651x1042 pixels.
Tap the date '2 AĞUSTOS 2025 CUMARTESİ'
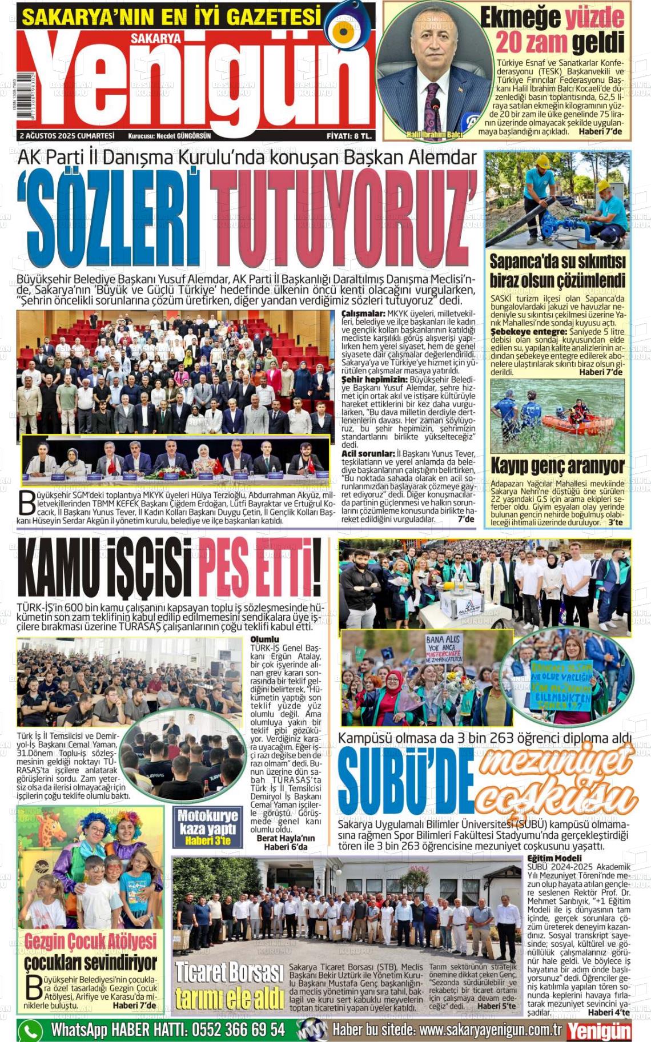(x=67, y=136)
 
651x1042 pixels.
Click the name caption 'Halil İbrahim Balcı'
(x=434, y=135)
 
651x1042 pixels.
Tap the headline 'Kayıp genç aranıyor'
(x=557, y=466)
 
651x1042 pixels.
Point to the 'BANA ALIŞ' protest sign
(x=444, y=647)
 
